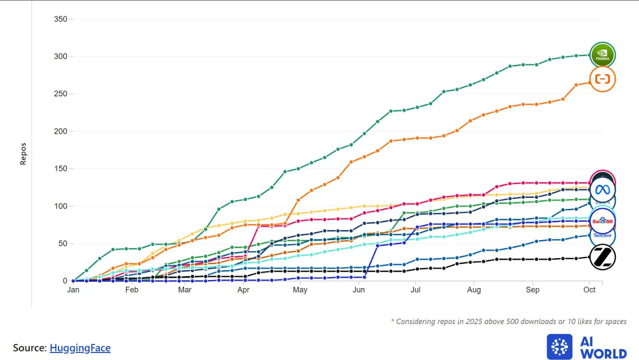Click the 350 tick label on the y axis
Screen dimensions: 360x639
[x=60, y=19]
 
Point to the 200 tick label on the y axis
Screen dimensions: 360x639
[x=60, y=131]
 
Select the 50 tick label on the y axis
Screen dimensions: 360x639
[x=63, y=244]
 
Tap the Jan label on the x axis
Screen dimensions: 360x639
[x=73, y=290]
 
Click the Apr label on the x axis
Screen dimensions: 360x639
[x=243, y=290]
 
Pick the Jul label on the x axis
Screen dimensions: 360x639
[x=415, y=290]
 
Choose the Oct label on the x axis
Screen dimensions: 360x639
[x=589, y=290]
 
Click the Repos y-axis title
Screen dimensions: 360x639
[x=23, y=154]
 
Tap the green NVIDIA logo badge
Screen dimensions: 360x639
[x=603, y=55]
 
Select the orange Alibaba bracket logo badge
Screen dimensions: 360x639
[x=603, y=79]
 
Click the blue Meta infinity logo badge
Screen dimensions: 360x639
[x=603, y=190]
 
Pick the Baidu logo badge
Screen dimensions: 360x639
[x=603, y=221]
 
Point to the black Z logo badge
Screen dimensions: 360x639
[x=603, y=257]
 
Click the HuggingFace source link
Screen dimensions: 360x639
[x=80, y=348]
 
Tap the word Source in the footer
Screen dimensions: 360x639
[x=29, y=348]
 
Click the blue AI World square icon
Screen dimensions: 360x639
[x=559, y=347]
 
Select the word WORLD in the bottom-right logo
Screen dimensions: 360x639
[x=604, y=354]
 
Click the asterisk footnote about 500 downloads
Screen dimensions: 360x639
[x=508, y=321]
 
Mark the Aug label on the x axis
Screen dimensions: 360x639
[x=474, y=290]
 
